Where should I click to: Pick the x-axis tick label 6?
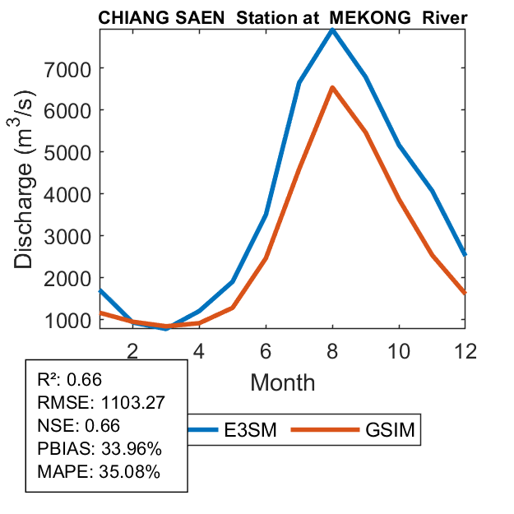[266, 349]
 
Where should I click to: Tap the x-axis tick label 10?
[398, 349]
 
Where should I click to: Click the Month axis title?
[283, 382]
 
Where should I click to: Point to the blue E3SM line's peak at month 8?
[331, 30]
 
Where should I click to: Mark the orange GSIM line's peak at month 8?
[331, 87]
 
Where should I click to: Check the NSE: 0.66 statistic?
[79, 426]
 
